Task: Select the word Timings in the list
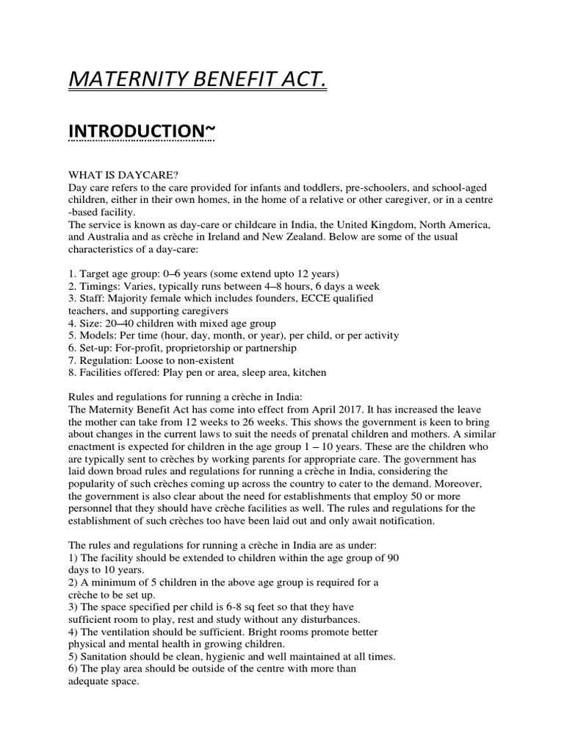coord(98,285)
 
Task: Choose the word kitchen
coord(310,373)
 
